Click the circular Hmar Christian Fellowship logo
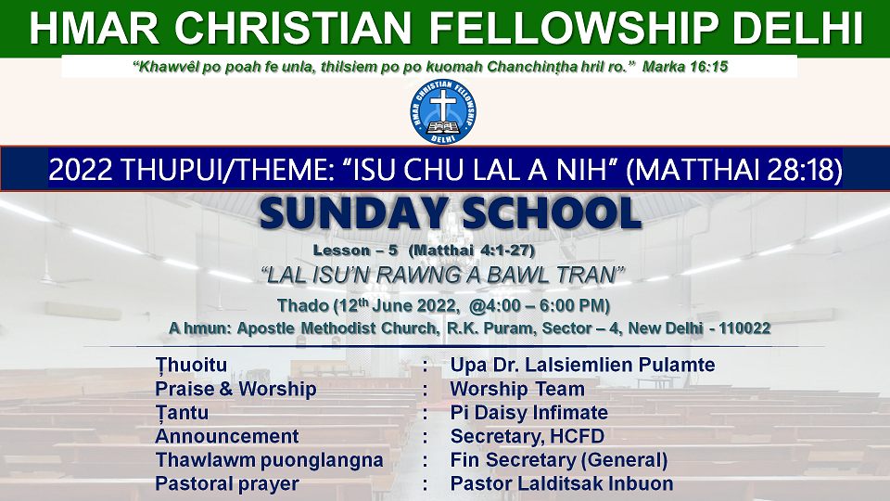pos(443,111)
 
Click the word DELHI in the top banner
pos(797,29)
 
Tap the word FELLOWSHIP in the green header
pos(575,29)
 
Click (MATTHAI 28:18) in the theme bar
pos(734,170)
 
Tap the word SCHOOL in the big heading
pos(552,213)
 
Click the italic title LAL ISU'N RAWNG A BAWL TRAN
pos(443,276)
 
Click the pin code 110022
pos(744,328)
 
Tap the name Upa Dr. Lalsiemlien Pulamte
pos(582,365)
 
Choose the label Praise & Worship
pos(235,389)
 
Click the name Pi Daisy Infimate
pos(529,412)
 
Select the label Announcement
pos(227,436)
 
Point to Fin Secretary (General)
pos(559,460)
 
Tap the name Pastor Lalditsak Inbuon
pos(562,484)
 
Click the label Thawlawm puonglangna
pos(270,461)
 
